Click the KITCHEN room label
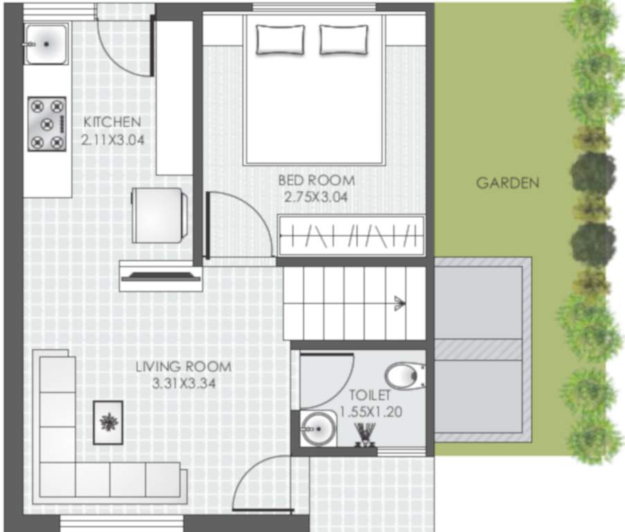[x=112, y=122]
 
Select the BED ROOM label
[x=316, y=181]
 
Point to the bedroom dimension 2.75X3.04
[x=316, y=197]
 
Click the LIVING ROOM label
[x=183, y=367]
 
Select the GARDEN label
[x=507, y=184]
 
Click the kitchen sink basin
[x=46, y=44]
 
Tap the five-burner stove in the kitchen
[x=46, y=124]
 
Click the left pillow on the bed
[x=280, y=39]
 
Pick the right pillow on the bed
[x=343, y=39]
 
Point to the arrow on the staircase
[x=398, y=301]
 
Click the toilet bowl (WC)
[x=405, y=377]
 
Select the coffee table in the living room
[x=108, y=422]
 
